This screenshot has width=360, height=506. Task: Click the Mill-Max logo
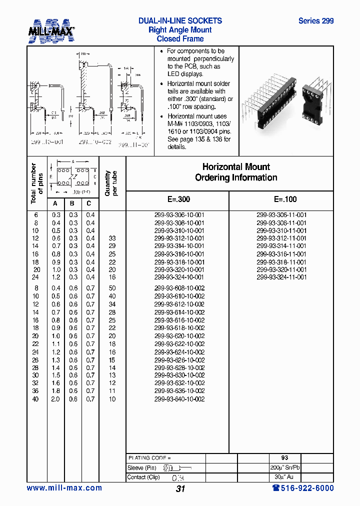tap(51, 30)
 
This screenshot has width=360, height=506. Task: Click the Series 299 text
tap(315, 21)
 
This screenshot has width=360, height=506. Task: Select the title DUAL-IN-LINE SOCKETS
tap(180, 21)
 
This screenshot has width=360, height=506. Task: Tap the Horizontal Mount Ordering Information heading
tap(236, 172)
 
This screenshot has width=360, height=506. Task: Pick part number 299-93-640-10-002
tap(179, 399)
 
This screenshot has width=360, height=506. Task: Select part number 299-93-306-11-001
tap(281, 214)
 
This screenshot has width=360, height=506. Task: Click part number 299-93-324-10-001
tap(179, 277)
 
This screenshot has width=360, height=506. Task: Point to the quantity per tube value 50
tap(112, 288)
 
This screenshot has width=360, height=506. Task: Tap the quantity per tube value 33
tap(112, 238)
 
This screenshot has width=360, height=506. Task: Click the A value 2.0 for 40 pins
tap(55, 399)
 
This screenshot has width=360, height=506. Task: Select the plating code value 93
tap(285, 457)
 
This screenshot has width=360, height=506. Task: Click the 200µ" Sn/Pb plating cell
tap(285, 467)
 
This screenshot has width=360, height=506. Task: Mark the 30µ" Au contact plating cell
tap(285, 477)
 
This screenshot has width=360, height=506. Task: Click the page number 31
tap(180, 489)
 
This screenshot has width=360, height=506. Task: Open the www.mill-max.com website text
tap(64, 488)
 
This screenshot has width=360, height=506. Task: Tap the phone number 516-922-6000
tap(302, 488)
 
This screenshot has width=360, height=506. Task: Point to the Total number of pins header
tap(36, 183)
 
